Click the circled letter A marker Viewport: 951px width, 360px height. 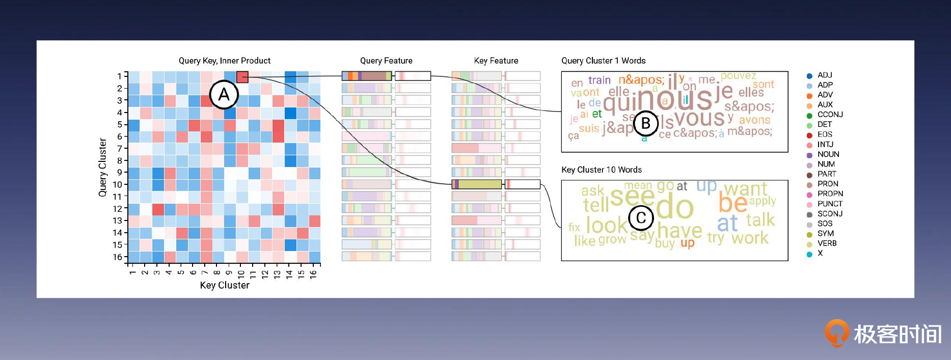click(x=224, y=95)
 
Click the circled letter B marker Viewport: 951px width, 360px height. click(x=645, y=123)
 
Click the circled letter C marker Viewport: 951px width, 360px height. click(x=641, y=217)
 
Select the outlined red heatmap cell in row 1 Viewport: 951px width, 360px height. click(x=242, y=77)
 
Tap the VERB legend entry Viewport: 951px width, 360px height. click(x=827, y=243)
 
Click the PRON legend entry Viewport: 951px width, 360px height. click(x=827, y=184)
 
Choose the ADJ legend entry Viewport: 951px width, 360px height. click(x=824, y=75)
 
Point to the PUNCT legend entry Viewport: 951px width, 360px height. click(x=830, y=204)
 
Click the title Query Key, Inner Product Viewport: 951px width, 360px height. click(x=225, y=61)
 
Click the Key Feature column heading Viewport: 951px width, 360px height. click(x=496, y=61)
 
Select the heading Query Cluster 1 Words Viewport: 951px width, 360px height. click(x=603, y=61)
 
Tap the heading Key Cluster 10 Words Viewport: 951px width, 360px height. click(x=601, y=170)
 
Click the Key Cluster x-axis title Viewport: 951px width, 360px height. click(x=225, y=285)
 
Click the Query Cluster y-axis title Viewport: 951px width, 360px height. click(x=102, y=167)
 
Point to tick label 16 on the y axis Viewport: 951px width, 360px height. click(x=118, y=257)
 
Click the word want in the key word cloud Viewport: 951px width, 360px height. click(x=745, y=189)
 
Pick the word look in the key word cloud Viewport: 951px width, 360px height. click(x=607, y=225)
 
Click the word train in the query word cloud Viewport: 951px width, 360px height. click(x=599, y=80)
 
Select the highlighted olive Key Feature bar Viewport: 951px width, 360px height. click(x=477, y=184)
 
